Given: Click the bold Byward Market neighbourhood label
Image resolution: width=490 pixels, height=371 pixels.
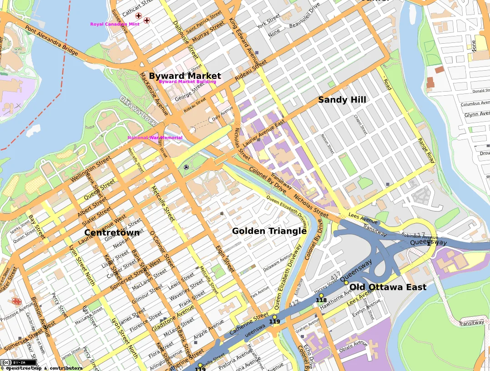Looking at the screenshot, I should [185, 76].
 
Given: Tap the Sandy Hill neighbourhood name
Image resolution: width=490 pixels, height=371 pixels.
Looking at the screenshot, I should [342, 99].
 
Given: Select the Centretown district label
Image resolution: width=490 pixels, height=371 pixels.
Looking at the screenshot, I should [112, 232].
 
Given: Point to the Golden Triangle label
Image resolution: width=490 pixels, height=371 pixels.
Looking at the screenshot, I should [269, 231].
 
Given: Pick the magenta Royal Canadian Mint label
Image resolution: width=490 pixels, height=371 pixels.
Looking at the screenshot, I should [115, 24].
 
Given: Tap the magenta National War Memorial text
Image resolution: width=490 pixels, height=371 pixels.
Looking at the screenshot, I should [155, 138].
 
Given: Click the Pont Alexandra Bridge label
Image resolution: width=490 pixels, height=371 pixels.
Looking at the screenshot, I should [51, 41].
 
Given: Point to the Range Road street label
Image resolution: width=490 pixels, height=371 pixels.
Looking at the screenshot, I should [426, 150].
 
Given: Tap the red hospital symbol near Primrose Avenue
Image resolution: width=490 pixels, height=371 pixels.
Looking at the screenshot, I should [17, 301].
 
